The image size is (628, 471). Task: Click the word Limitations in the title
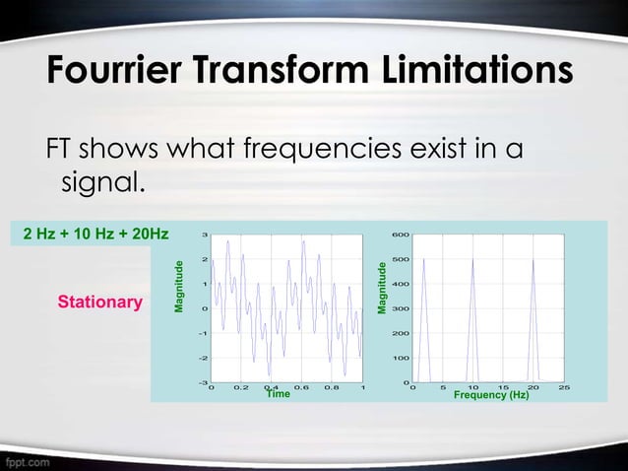(475, 71)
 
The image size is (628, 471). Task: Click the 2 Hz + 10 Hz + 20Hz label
(95, 234)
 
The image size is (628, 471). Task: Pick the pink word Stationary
(99, 301)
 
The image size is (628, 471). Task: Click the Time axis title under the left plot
(279, 394)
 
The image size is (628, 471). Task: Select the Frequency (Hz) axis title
(491, 394)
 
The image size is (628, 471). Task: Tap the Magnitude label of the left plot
(179, 286)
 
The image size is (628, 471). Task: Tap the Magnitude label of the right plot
(384, 289)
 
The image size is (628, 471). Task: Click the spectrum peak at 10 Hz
(473, 260)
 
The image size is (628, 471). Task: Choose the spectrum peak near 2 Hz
(424, 260)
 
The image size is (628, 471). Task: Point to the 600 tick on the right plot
(400, 235)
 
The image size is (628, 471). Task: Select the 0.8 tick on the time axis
(332, 387)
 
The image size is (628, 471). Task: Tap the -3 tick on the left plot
(202, 382)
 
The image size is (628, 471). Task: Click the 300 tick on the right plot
(400, 308)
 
